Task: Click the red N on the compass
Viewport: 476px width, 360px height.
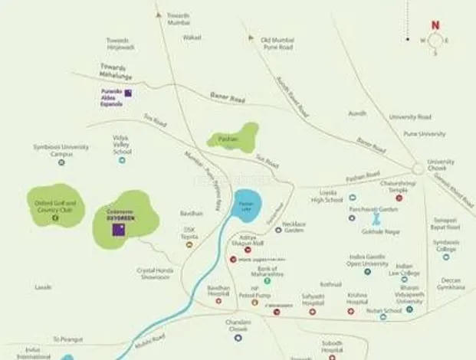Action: tap(435, 25)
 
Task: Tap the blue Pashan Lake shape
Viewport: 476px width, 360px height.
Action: tap(248, 205)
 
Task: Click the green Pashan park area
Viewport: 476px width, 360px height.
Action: tap(234, 137)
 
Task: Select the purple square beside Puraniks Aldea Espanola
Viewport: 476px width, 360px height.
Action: tap(129, 93)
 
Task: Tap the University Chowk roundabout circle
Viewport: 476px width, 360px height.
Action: tap(418, 168)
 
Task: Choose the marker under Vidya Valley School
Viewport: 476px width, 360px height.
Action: tap(121, 162)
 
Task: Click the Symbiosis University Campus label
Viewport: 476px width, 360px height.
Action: tap(61, 149)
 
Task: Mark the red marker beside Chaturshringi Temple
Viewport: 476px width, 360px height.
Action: tap(399, 198)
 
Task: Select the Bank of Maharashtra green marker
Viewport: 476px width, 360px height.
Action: tap(267, 280)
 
